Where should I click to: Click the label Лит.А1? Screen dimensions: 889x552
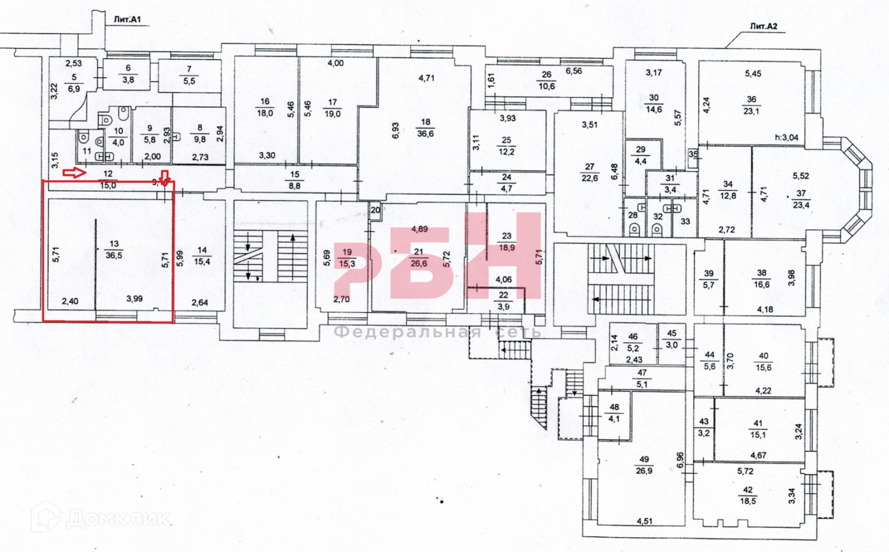point(127,20)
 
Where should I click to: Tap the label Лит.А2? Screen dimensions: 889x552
point(764,26)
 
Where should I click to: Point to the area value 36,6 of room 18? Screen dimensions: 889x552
point(426,134)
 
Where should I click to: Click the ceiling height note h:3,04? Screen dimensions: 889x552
point(786,137)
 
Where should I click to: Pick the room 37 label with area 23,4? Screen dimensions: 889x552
point(801,199)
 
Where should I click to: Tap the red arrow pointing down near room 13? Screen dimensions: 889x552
point(164,177)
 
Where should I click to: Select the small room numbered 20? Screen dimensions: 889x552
point(375,210)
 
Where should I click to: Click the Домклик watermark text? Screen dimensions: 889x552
point(118,519)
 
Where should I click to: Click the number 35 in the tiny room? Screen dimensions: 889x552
point(693,154)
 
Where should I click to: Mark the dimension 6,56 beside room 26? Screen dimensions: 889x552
point(573,71)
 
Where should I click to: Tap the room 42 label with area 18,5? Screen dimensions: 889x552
point(748,495)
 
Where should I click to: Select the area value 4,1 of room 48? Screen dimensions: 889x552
point(614,419)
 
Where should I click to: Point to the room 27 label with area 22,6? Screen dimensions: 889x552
point(590,172)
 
